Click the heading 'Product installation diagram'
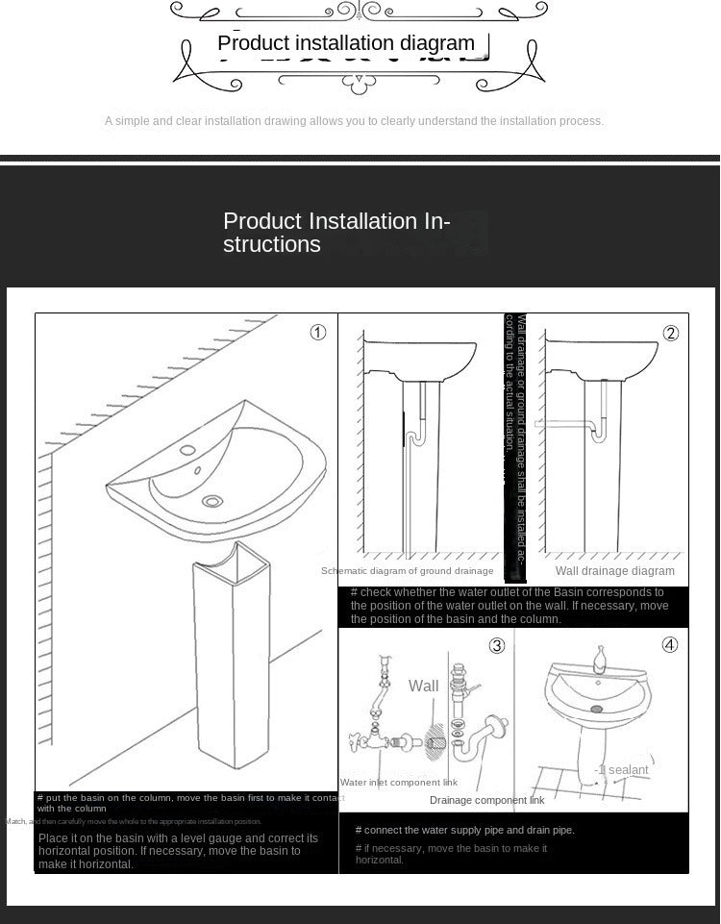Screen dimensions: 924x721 tap(346, 43)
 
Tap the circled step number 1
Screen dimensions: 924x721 tap(318, 333)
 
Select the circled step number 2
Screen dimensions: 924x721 tap(671, 334)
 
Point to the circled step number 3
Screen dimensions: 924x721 tap(497, 645)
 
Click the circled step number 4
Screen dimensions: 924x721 tap(670, 645)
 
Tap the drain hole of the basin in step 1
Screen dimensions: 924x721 tap(212, 501)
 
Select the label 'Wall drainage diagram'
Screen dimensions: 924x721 tap(615, 571)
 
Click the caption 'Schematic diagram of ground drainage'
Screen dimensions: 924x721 tap(408, 571)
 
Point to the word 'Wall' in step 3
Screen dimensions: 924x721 tap(423, 686)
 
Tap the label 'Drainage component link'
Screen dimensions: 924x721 tap(486, 800)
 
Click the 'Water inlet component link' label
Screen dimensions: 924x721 tap(399, 783)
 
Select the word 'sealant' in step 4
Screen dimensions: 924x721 tap(627, 769)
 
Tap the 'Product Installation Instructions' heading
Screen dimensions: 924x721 tap(336, 233)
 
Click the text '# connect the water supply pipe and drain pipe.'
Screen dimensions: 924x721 tap(464, 830)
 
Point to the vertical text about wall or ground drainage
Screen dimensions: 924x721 tap(515, 447)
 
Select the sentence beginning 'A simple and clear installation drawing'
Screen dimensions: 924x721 tap(354, 121)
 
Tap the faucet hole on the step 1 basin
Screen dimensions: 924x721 tap(187, 449)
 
